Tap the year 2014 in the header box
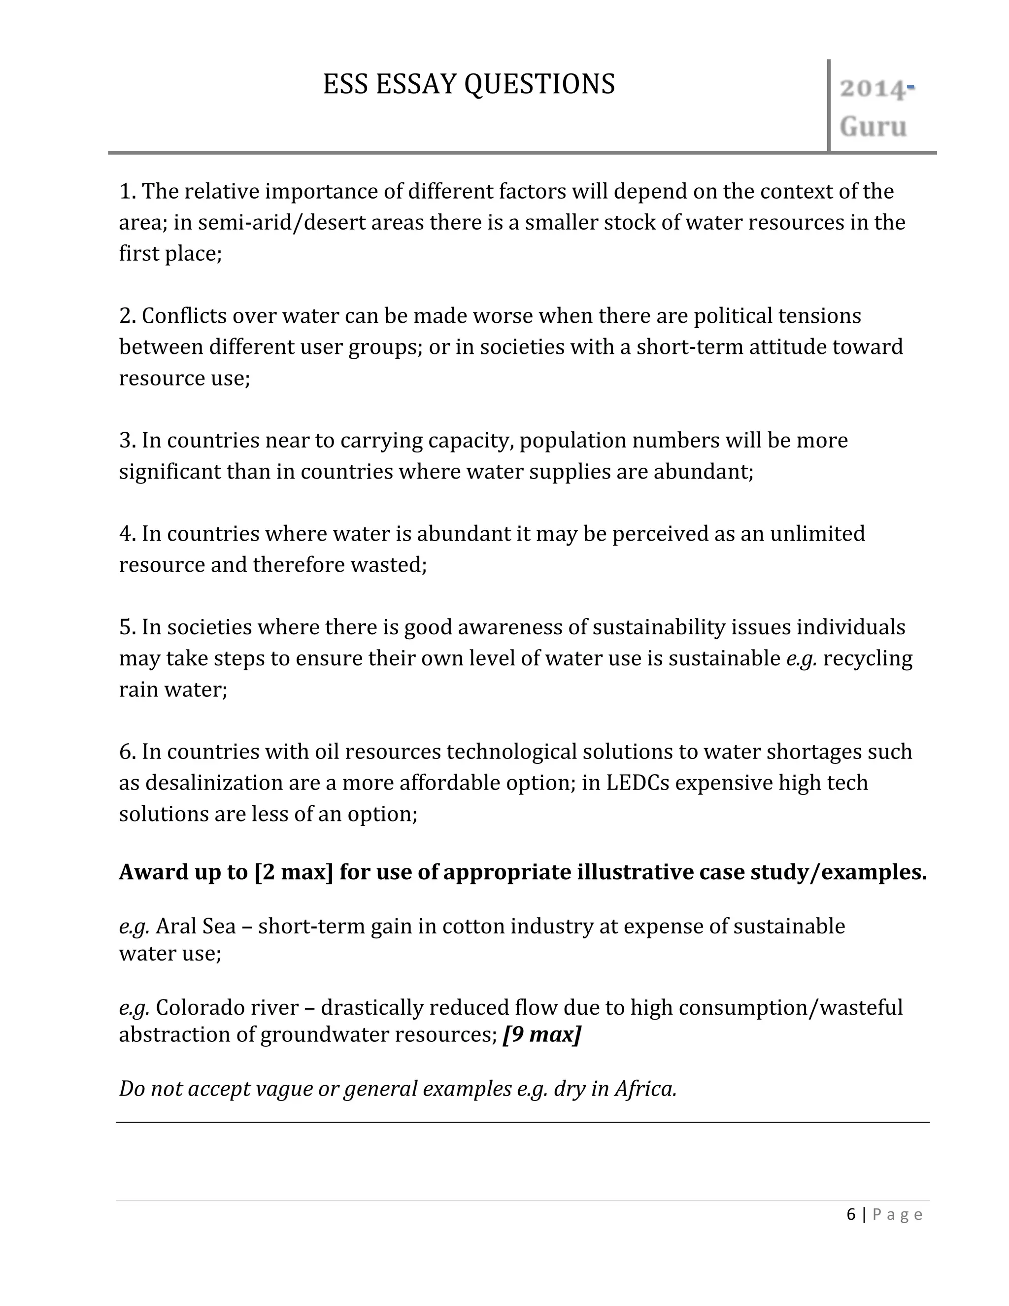pos(872,89)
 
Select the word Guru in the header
pos(873,127)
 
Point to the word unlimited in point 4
pos(817,533)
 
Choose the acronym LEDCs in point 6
pos(638,782)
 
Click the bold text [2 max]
pos(294,872)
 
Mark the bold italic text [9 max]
pos(541,1034)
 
